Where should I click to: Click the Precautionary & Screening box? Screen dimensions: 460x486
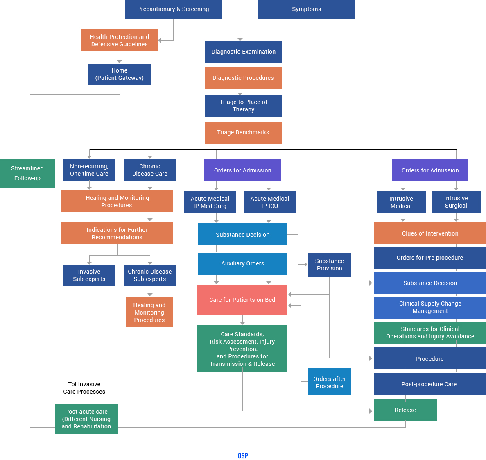coord(173,9)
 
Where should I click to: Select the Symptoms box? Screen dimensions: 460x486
coord(306,9)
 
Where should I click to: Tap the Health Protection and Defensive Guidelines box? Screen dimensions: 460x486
coord(119,40)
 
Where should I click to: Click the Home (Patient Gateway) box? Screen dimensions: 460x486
coord(119,74)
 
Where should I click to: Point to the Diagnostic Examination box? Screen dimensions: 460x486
coord(243,52)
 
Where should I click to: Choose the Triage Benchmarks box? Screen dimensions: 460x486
coord(243,132)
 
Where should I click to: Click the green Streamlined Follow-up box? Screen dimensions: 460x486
coord(27,173)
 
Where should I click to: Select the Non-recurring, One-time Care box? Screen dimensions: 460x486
coord(89,170)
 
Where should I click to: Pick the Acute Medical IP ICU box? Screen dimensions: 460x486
coord(269,202)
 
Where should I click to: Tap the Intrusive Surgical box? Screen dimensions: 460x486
coord(456,202)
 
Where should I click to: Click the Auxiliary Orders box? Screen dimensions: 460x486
coord(242,263)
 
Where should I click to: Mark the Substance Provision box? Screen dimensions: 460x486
coord(329,265)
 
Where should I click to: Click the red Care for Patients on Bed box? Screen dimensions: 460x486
coord(242,300)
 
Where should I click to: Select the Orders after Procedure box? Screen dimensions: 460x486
coord(329,382)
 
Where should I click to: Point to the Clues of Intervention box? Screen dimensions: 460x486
coord(430,233)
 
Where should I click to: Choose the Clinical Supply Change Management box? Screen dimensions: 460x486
coord(430,307)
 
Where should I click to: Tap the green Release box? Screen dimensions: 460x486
coord(405,410)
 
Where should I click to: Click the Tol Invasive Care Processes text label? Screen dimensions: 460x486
coord(84,388)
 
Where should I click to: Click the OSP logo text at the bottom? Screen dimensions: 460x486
coord(243,455)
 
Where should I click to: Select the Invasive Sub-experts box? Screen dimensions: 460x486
coord(89,275)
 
